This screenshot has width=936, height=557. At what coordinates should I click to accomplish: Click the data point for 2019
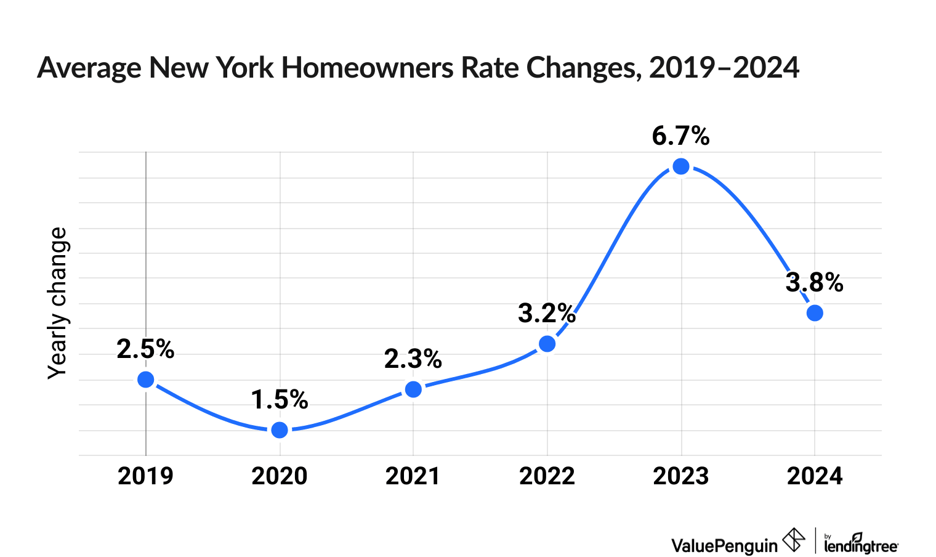(x=146, y=380)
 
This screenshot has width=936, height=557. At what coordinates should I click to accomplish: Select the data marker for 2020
(x=280, y=429)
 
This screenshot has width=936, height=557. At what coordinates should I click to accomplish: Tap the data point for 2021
(x=413, y=389)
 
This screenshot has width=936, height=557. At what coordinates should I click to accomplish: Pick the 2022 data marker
(x=547, y=344)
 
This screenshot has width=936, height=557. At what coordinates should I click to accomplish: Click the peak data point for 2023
(x=681, y=166)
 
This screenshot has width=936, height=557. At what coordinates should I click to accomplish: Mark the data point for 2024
(x=815, y=313)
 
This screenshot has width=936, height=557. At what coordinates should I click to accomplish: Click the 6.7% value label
(x=680, y=136)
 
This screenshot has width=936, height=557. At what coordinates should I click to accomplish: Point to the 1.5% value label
(x=280, y=400)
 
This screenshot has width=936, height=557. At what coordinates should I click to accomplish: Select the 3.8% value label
(x=814, y=283)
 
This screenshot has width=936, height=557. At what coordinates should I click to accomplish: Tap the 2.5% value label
(x=146, y=349)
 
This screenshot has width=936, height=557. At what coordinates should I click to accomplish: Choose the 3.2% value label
(x=547, y=314)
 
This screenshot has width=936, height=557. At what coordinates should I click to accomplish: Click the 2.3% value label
(x=413, y=359)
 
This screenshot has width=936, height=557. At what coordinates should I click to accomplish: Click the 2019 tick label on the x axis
(x=146, y=476)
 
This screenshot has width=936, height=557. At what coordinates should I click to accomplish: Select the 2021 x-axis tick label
(x=413, y=476)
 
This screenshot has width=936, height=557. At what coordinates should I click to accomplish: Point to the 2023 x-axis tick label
(x=681, y=476)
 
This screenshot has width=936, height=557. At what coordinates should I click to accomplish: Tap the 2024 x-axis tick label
(x=815, y=476)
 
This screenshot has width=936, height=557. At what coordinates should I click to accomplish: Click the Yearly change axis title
(x=58, y=303)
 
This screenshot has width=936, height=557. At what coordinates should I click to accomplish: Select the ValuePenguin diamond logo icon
(x=793, y=540)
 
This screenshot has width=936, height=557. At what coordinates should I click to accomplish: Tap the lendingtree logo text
(x=861, y=545)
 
